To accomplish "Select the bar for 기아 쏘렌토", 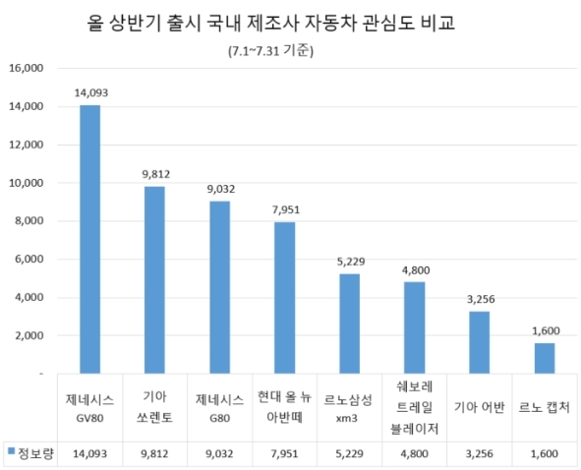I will (154, 280).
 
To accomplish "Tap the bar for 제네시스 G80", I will (219, 287).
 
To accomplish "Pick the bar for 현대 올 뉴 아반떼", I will (284, 298).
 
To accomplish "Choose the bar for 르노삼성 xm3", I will (349, 323).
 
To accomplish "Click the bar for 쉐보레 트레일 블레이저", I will (414, 327).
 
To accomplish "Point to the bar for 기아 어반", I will (479, 342).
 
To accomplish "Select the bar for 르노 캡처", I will (544, 358).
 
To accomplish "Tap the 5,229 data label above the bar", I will (349, 262).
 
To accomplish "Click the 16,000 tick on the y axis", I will (27, 69).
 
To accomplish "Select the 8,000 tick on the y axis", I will (29, 221).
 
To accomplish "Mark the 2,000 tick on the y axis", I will (29, 335).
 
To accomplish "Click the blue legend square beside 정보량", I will (12, 452).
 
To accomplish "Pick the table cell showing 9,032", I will (219, 453).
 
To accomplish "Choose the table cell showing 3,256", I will (479, 453).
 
